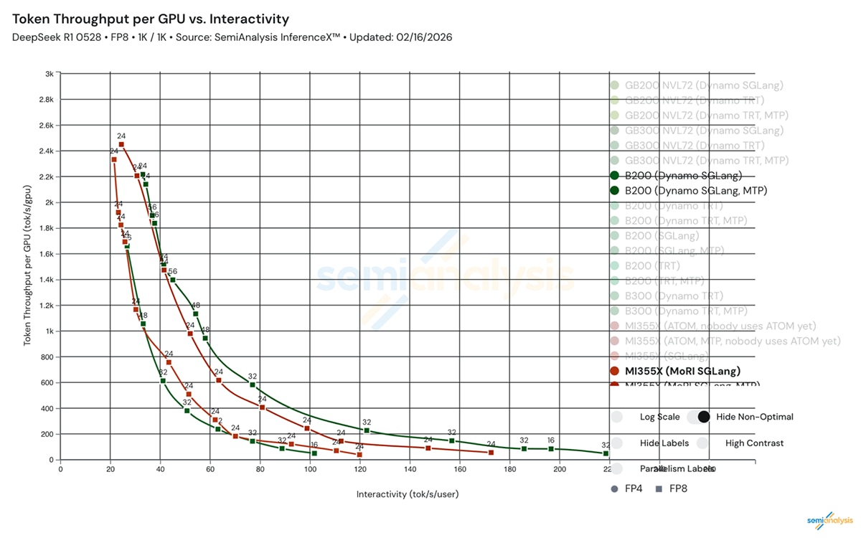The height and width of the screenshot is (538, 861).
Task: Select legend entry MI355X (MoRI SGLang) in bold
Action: tap(682, 371)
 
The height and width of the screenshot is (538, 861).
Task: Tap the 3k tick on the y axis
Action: tap(49, 74)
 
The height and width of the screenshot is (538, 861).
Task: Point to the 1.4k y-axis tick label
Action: tap(46, 280)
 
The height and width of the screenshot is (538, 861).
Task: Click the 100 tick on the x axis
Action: tap(310, 471)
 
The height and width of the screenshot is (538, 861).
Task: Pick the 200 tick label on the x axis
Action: tap(560, 471)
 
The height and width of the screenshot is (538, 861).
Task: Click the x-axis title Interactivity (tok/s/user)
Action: tap(408, 494)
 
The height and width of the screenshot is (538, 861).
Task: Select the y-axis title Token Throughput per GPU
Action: tap(28, 265)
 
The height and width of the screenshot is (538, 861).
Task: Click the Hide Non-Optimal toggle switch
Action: tap(698, 417)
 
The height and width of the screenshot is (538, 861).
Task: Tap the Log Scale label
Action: tap(659, 417)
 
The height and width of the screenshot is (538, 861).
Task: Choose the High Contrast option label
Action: tap(754, 443)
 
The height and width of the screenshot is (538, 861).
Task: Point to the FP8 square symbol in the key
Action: tap(659, 489)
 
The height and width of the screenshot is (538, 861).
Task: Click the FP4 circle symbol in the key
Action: tap(615, 489)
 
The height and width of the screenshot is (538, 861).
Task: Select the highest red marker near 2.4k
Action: tap(121, 144)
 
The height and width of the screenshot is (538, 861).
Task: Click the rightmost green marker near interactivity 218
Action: tap(606, 453)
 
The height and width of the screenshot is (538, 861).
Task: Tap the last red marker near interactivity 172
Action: tap(491, 453)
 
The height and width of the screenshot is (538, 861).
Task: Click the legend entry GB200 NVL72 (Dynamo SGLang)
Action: tap(704, 85)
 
